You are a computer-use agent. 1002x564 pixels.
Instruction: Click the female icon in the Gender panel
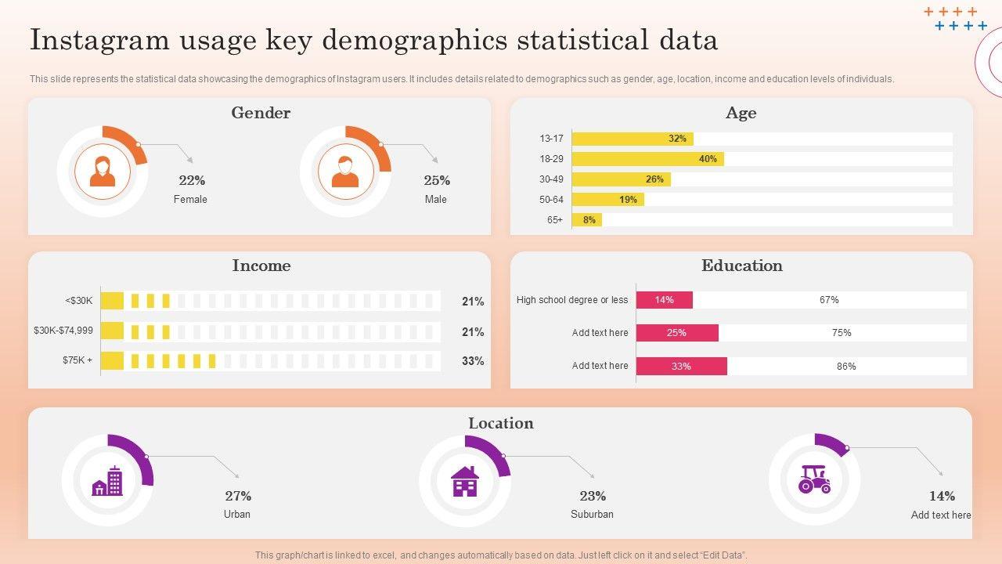[103, 172]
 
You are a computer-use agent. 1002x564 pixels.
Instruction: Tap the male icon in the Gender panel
[345, 172]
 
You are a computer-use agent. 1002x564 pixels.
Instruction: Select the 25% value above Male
[437, 180]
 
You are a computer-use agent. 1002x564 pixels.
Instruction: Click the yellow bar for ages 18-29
[647, 159]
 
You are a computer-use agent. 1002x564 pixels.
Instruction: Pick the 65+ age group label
[555, 220]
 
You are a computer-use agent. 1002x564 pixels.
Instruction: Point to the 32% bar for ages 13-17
[632, 139]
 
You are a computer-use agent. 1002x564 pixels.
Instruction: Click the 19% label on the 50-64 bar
[628, 200]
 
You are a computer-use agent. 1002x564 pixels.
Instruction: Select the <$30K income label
[79, 300]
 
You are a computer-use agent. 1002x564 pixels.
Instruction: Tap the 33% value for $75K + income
[473, 361]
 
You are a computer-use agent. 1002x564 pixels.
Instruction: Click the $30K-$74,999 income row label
[63, 331]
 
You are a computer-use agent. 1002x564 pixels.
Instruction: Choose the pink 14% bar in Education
[664, 300]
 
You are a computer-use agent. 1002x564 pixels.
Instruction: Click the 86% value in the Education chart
[846, 366]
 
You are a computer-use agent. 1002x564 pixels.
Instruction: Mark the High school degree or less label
[572, 300]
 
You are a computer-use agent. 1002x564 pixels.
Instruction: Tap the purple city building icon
[107, 481]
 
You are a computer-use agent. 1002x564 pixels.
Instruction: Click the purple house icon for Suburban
[465, 481]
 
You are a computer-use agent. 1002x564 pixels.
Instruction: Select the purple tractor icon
[814, 479]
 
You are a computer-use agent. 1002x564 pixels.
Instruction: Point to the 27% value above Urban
[238, 496]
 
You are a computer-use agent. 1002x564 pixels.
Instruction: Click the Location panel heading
[501, 423]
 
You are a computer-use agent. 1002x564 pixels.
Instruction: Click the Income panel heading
[261, 266]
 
